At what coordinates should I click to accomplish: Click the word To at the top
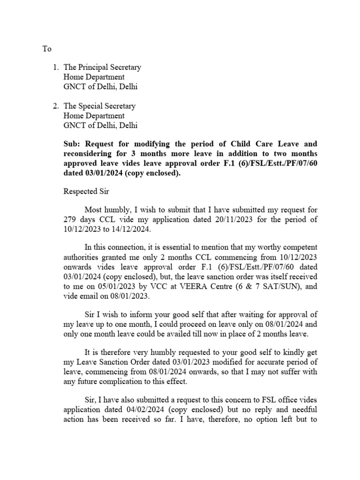[47, 49]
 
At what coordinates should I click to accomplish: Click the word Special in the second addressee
[92, 106]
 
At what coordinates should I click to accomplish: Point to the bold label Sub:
[71, 144]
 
